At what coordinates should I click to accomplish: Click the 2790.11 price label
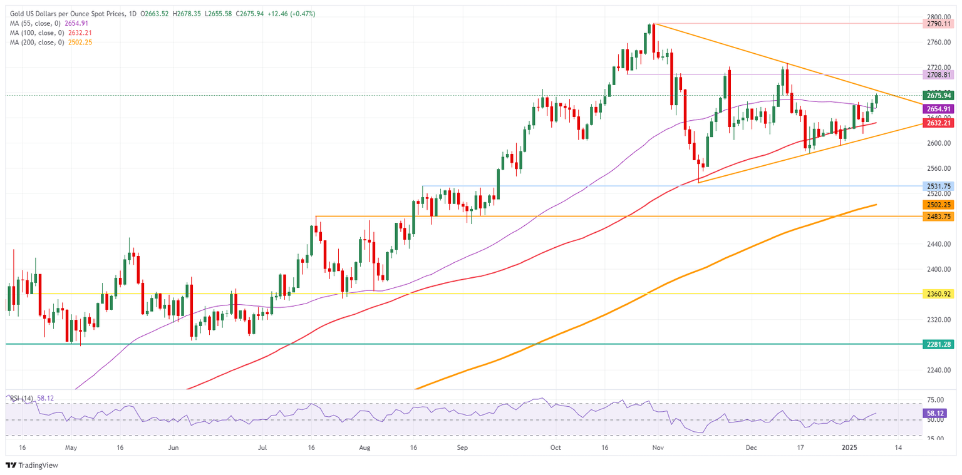click(938, 23)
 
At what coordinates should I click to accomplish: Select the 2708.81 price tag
click(938, 74)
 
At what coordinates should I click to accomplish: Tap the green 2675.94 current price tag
click(938, 96)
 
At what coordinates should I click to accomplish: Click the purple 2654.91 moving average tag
click(938, 109)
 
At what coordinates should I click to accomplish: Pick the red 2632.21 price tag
click(938, 123)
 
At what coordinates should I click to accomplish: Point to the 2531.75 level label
click(938, 186)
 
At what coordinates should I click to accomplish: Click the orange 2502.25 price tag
click(938, 205)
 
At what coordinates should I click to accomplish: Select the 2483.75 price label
click(938, 216)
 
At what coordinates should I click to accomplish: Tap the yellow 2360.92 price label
click(938, 293)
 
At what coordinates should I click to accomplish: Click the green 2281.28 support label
click(938, 344)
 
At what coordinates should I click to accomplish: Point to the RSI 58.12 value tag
click(938, 414)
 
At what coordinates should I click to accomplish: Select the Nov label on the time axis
click(657, 448)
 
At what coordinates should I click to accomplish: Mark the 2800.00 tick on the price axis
click(937, 17)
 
